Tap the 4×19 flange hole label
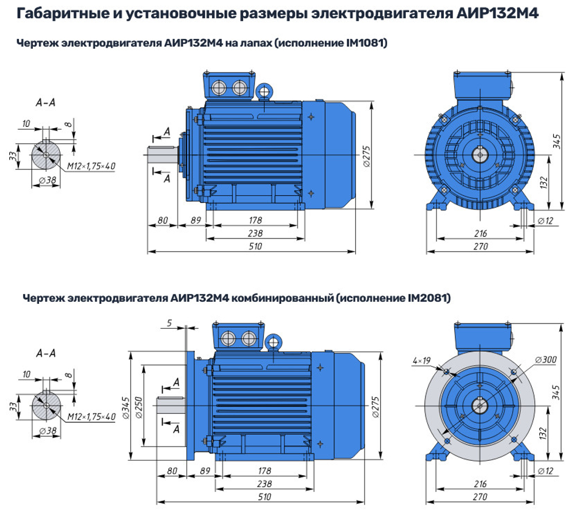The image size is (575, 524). (421, 361)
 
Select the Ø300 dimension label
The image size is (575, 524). (543, 360)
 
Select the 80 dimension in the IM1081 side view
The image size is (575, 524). (162, 220)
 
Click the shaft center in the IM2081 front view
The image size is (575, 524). (479, 406)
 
